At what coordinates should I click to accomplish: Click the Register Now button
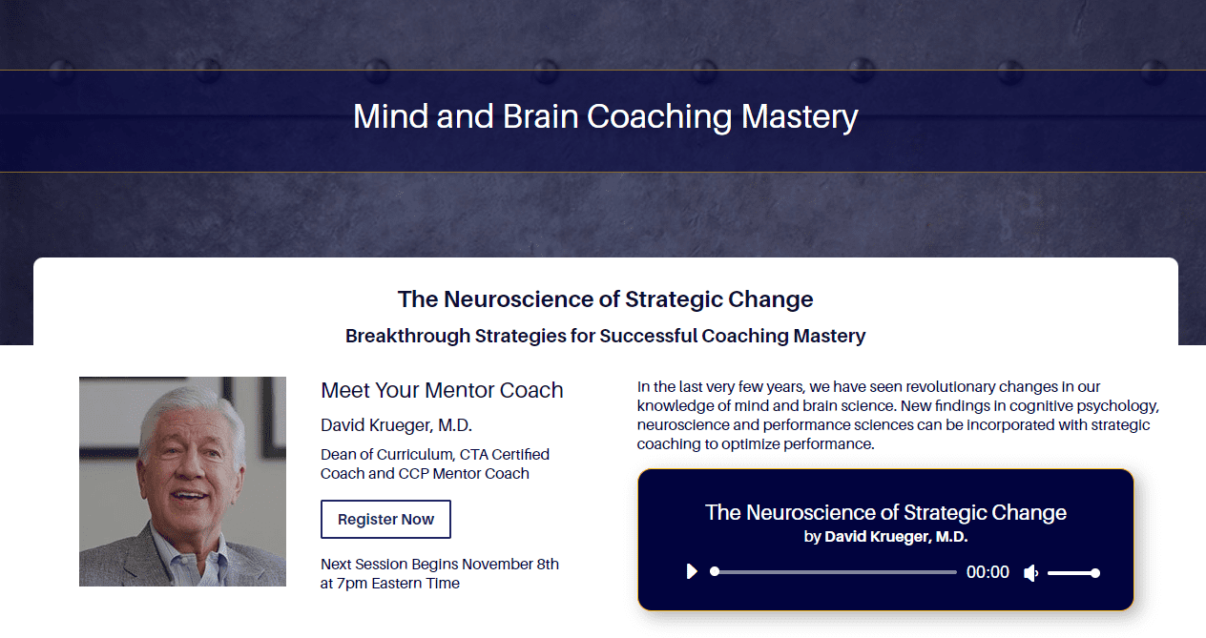tap(385, 520)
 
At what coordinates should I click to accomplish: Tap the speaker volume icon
tap(1030, 573)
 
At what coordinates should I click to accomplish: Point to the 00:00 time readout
tap(988, 572)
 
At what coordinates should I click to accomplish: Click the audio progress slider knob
tap(715, 572)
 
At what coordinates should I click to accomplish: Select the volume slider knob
tap(1095, 573)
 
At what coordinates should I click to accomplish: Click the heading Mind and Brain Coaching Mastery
tap(605, 116)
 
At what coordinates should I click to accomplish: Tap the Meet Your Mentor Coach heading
tap(442, 390)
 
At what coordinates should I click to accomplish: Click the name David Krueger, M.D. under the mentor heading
tap(396, 425)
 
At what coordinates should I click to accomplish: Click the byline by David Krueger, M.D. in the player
tap(885, 537)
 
